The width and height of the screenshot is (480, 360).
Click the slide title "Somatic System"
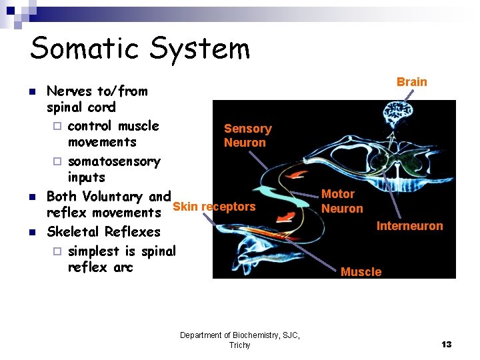[x=140, y=49]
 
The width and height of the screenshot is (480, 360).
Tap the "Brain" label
[x=411, y=82]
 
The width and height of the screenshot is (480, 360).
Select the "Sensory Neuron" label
[x=247, y=135]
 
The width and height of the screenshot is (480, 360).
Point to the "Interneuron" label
[x=409, y=226]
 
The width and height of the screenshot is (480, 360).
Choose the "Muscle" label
[x=361, y=271]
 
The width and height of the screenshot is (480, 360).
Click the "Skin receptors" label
[x=214, y=207]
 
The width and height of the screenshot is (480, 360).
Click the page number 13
[x=446, y=344]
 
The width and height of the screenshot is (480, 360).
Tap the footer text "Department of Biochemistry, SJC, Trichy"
[x=239, y=340]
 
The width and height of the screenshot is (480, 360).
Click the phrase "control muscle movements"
[x=113, y=134]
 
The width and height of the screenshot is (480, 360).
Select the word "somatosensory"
[x=114, y=161]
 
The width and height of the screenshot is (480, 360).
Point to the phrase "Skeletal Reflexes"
[x=103, y=232]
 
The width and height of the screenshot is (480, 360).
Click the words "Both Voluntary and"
[x=108, y=197]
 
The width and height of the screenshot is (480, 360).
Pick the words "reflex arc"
[x=100, y=267]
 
